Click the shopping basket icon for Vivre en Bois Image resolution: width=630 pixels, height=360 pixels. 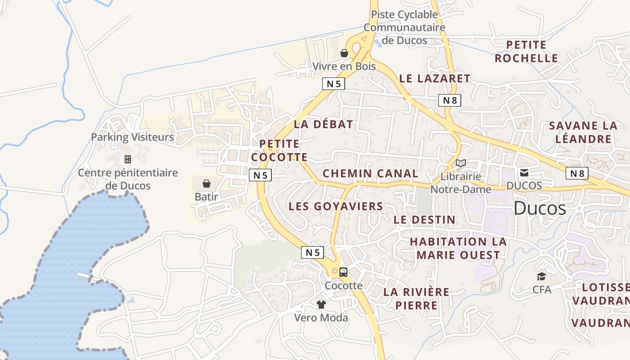coord(344,53)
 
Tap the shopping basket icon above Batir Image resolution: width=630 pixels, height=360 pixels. coord(207,184)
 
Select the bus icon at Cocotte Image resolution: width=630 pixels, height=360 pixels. coord(343,272)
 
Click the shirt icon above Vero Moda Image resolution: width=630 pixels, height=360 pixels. coord(321,305)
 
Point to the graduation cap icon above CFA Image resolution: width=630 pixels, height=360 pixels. coord(541,276)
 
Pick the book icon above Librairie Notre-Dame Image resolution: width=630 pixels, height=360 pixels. coord(460,163)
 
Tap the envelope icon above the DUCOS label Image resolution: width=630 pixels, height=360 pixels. coord(524,172)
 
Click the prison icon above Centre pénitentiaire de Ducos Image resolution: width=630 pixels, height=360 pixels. coord(128,159)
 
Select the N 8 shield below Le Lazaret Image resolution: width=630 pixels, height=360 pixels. coord(450,100)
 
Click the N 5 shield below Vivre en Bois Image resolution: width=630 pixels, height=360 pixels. coord(333,84)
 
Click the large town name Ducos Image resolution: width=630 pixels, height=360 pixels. coord(540,208)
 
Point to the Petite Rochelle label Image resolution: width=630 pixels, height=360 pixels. coord(526,52)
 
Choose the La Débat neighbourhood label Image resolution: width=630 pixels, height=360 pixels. coord(323,125)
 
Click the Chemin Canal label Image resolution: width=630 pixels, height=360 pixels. coord(370,173)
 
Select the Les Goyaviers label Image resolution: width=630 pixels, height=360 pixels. coord(336,206)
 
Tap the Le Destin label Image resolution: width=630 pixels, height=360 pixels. coord(424,220)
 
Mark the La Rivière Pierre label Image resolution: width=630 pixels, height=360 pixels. coord(416,298)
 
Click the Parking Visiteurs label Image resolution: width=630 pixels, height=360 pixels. coord(132,137)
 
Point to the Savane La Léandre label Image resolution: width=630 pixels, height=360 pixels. coord(583,132)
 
